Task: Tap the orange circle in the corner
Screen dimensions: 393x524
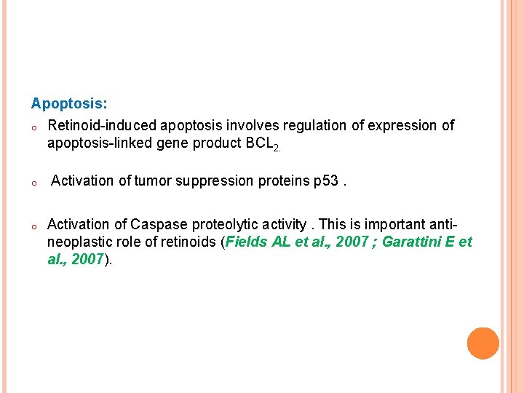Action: (x=483, y=344)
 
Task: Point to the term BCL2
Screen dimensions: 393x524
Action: (x=259, y=144)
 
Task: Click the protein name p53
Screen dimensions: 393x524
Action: (x=325, y=180)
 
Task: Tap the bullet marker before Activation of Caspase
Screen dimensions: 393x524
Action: (x=34, y=226)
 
